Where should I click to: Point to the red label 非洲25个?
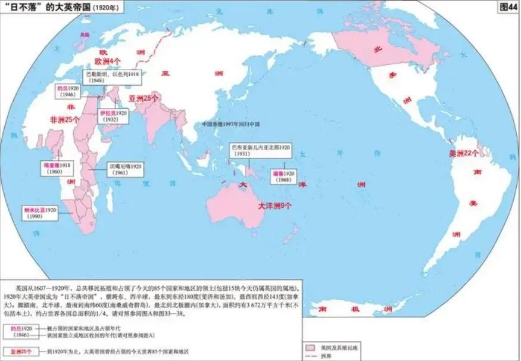point(65,119)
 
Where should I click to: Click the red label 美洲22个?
point(463,153)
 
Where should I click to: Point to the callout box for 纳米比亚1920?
point(40,213)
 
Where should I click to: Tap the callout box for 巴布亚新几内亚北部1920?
point(261,150)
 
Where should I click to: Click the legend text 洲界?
point(326,355)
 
